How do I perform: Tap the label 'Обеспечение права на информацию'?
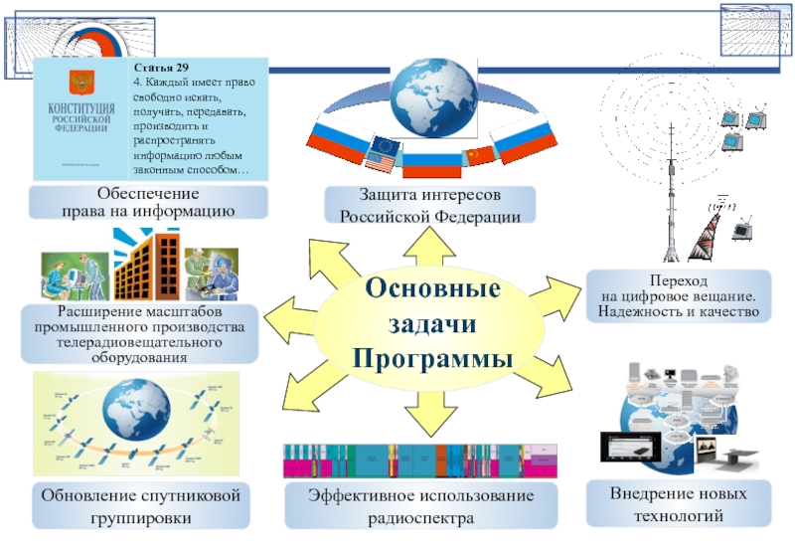pyautogui.click(x=149, y=202)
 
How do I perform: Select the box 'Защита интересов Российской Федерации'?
pyautogui.click(x=430, y=205)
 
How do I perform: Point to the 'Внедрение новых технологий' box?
pyautogui.click(x=678, y=504)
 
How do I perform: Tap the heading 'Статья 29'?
pyautogui.click(x=155, y=68)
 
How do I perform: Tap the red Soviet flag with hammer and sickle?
pyautogui.click(x=478, y=154)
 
